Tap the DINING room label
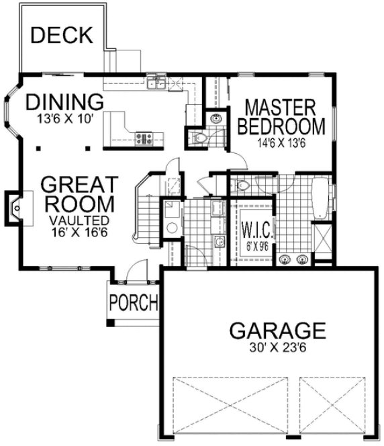[x=65, y=102]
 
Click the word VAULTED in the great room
[x=79, y=219]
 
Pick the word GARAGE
[x=277, y=330]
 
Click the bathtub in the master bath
[x=323, y=198]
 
